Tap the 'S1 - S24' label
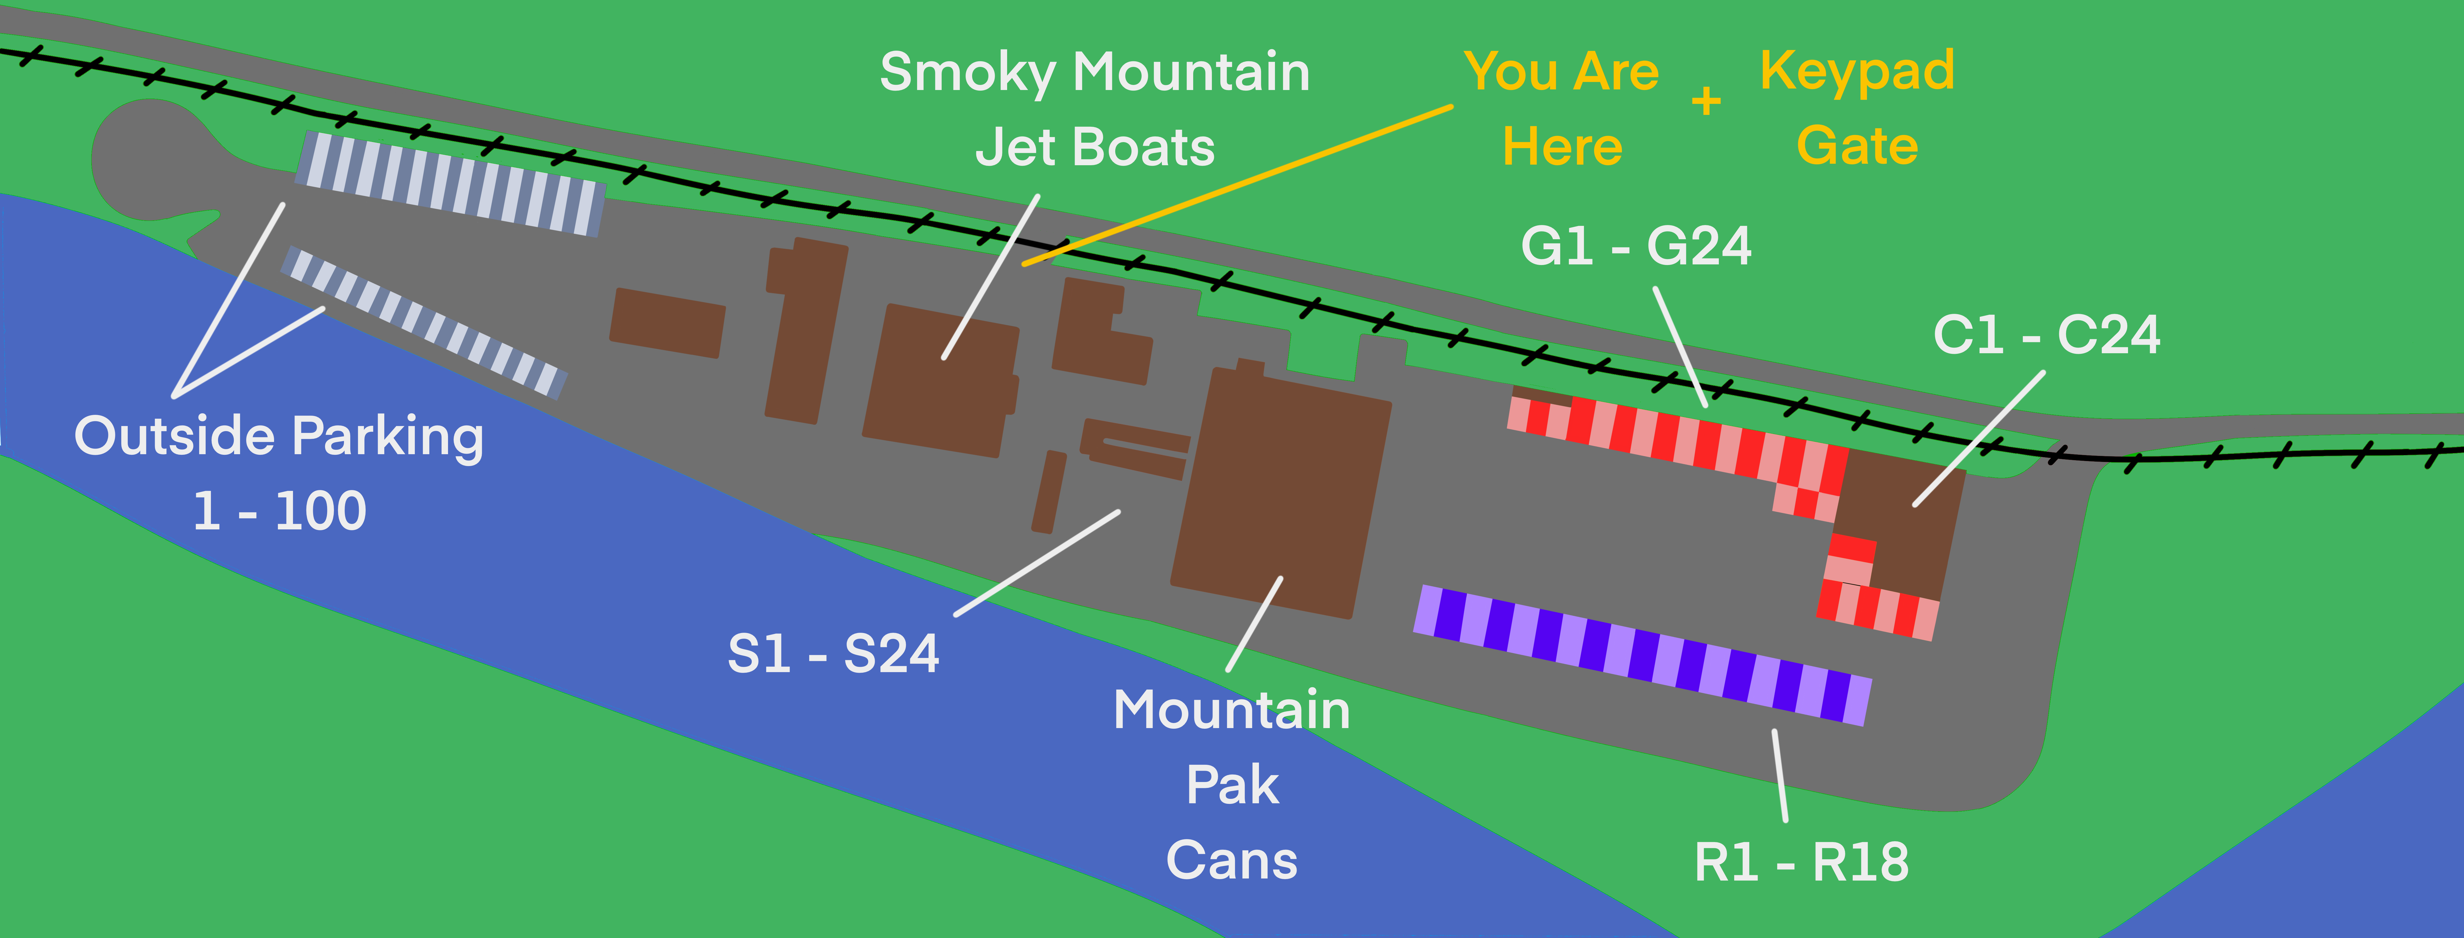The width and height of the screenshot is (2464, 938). [x=833, y=654]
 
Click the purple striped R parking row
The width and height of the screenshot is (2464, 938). [x=1642, y=656]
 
